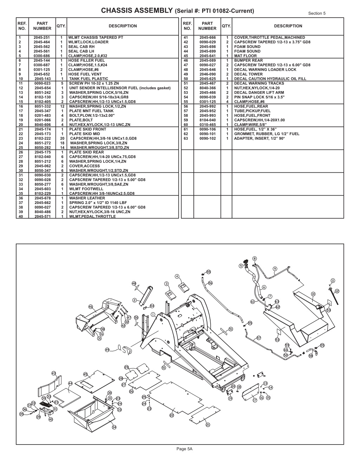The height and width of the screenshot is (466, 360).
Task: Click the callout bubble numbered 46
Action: pyautogui.click(x=91, y=307)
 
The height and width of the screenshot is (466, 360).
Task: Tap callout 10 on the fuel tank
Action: pyautogui.click(x=313, y=294)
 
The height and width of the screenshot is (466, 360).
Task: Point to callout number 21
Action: pyautogui.click(x=208, y=424)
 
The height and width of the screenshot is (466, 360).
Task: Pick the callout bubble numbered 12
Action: pyautogui.click(x=337, y=291)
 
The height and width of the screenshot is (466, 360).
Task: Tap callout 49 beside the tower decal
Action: pyautogui.click(x=107, y=350)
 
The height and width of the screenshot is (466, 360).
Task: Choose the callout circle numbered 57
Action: pyautogui.click(x=259, y=338)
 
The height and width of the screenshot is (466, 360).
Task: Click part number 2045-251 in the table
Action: pyautogui.click(x=41, y=38)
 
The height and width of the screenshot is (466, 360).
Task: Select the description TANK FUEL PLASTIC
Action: pyautogui.click(x=89, y=79)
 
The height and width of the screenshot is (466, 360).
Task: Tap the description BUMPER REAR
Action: pyautogui.click(x=248, y=60)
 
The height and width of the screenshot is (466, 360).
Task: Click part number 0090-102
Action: pyautogui.click(x=208, y=139)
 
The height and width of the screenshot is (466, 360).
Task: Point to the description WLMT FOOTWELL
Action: pyautogui.click(x=86, y=189)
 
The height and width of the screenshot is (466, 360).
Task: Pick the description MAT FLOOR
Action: pyautogui.click(x=245, y=56)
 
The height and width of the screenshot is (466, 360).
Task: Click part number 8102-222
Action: pyautogui.click(x=43, y=139)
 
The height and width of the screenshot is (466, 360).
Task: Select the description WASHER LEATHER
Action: pyautogui.click(x=87, y=198)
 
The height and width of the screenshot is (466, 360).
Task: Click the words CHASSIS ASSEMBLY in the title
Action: pyautogui.click(x=137, y=10)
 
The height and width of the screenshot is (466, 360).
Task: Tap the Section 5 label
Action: pyautogui.click(x=317, y=13)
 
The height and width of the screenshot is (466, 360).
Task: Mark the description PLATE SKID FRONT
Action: pyautogui.click(x=88, y=129)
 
